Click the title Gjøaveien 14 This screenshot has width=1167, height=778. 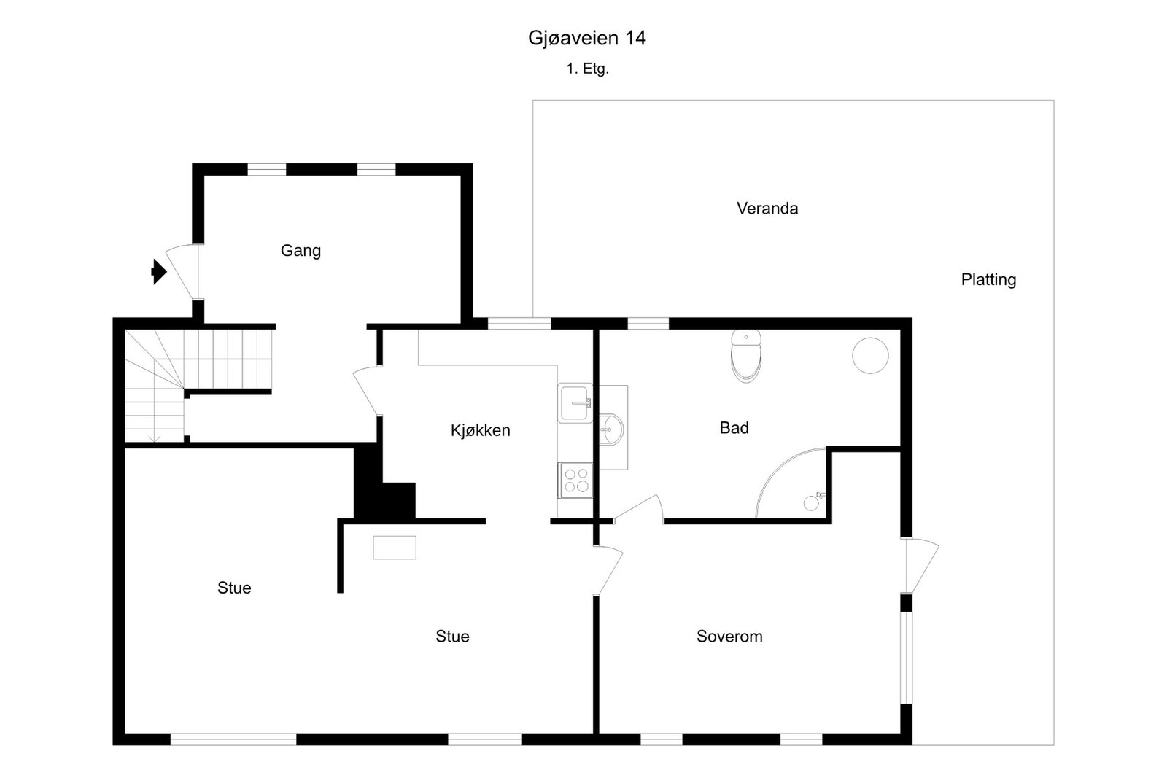586,38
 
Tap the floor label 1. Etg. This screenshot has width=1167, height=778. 587,69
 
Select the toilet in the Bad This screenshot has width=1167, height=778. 745,355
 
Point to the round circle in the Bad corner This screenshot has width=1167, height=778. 870,355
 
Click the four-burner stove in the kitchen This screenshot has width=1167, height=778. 575,481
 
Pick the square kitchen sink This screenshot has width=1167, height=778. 575,402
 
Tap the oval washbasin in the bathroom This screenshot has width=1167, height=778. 611,429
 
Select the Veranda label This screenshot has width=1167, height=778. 767,209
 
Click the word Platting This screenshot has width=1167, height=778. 988,280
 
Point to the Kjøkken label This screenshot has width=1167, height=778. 480,431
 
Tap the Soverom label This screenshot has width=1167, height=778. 729,637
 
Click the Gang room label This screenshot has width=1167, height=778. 301,251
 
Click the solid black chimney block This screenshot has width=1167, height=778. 383,492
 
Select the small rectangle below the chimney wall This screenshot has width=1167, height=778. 394,548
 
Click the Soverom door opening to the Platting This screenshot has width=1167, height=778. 920,566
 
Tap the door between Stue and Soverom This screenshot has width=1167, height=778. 608,570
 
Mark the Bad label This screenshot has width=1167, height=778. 734,428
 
